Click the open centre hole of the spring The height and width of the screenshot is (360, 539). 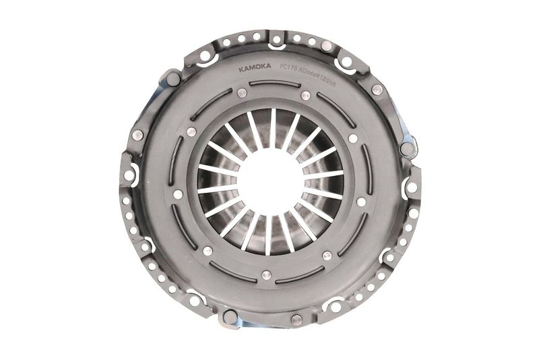(270, 181)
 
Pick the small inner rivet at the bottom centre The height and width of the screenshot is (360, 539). (266, 275)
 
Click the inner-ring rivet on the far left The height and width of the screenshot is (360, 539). (178, 194)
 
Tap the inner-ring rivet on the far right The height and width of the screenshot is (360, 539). (361, 202)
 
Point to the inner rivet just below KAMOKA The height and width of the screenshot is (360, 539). (240, 91)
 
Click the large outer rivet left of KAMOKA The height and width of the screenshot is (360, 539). (173, 79)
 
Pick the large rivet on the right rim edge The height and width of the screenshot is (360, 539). (406, 149)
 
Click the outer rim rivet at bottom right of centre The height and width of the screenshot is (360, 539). (296, 320)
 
